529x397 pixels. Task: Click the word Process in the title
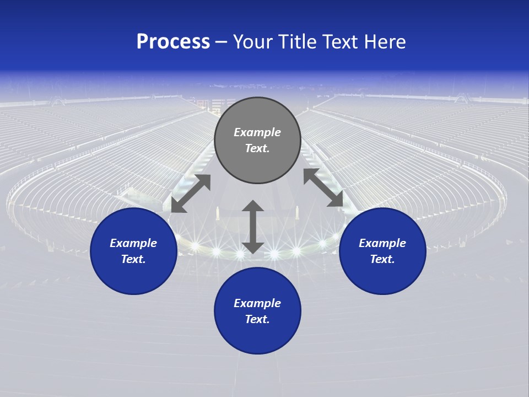173,42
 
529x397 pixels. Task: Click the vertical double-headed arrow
253,227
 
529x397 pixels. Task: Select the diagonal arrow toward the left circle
191,194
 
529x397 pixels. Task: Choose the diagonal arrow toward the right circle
323,188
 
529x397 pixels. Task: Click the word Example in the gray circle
257,132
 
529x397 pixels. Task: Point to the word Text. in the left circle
133,259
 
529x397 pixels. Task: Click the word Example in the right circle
382,243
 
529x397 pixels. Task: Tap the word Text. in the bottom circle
257,319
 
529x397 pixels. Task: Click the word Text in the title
342,42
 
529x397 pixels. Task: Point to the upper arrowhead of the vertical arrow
253,206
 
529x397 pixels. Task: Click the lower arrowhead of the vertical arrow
253,247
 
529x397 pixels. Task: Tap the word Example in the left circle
133,243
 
